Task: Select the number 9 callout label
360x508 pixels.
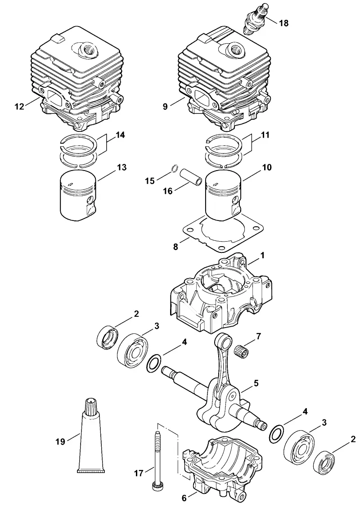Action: pos(165,106)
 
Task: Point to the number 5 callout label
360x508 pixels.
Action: pos(256,383)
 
